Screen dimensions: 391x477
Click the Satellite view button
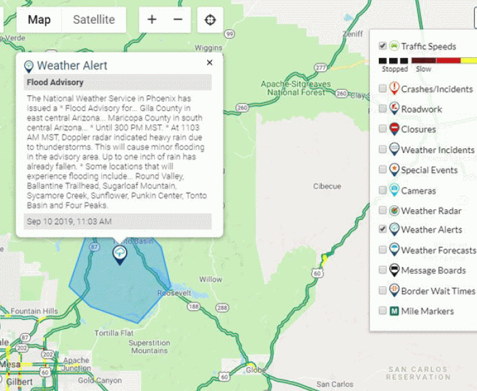pos(94,20)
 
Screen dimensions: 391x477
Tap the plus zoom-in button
pos(152,20)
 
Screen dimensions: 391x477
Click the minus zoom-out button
pos(178,20)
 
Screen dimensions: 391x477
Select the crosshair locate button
pos(210,20)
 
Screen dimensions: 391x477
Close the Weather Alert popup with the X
pos(209,63)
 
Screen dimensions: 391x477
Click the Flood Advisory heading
pos(55,83)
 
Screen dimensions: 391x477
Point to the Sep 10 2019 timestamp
pos(69,221)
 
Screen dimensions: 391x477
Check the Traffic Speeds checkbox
pos(383,46)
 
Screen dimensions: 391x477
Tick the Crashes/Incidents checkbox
pos(383,88)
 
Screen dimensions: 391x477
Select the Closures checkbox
pos(383,129)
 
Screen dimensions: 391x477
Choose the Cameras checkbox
pos(383,190)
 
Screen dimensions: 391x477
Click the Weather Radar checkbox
pos(383,211)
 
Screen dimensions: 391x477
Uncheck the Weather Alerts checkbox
pos(383,230)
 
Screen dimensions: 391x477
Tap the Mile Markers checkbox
pos(383,311)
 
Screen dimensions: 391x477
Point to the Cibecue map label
pos(326,186)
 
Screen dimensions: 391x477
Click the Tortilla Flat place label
pos(114,333)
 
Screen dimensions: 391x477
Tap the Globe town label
pos(256,369)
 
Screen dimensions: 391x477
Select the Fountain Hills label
pos(35,311)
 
